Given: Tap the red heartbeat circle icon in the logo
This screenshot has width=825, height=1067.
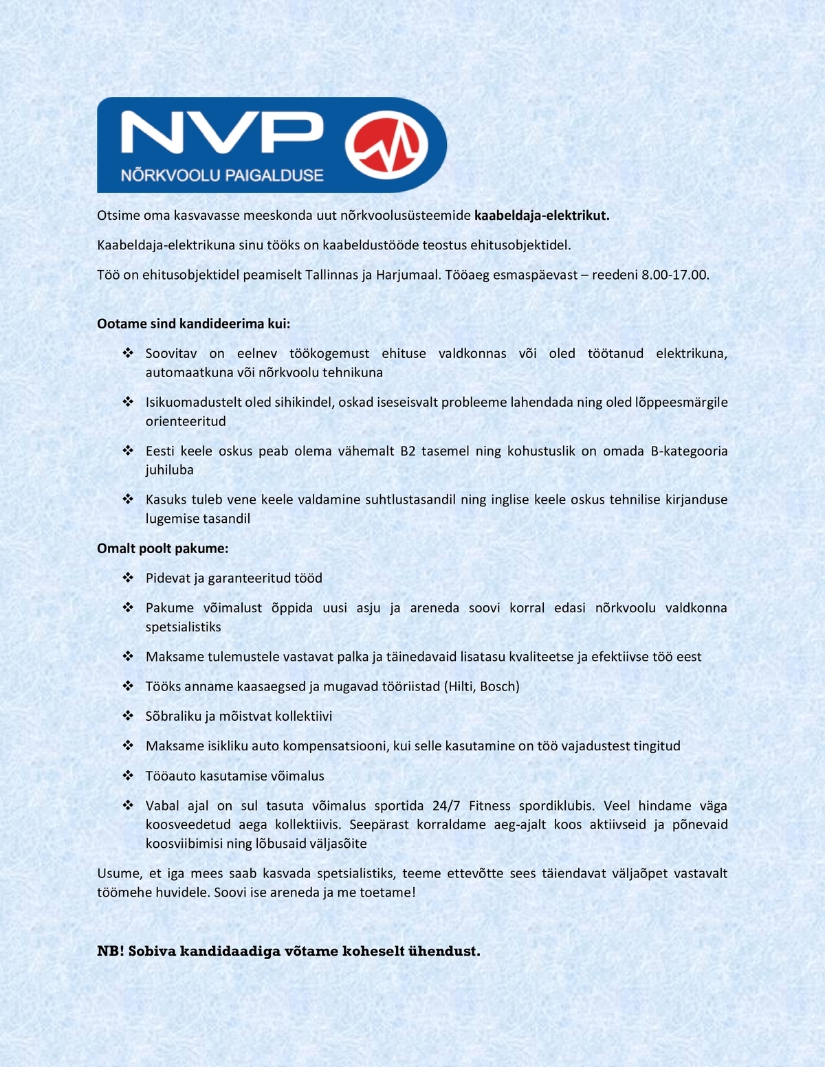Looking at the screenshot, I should [x=386, y=145].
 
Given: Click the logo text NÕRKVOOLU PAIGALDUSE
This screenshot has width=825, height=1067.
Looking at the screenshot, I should [x=222, y=175].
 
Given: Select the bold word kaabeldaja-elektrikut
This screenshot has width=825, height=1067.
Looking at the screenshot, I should [x=542, y=215].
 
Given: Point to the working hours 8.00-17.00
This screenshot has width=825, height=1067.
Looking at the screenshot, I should [x=674, y=275].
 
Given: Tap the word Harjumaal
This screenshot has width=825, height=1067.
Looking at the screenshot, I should [x=406, y=275].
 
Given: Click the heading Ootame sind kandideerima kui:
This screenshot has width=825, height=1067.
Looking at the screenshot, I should [x=193, y=324].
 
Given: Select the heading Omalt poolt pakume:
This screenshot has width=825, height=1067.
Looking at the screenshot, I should [x=162, y=548].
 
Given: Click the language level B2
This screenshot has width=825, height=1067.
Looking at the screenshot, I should [x=408, y=451].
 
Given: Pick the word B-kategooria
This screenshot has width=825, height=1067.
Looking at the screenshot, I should [x=689, y=451].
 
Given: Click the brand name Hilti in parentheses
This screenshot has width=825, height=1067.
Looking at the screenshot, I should [x=460, y=686].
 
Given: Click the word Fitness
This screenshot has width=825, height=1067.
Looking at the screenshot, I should [x=490, y=805].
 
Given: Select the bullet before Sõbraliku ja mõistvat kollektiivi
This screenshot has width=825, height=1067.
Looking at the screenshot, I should [x=128, y=716].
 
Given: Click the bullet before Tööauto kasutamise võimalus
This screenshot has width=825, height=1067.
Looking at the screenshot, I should [x=128, y=776].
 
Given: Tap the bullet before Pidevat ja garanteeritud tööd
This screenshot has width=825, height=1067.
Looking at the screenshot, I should [x=128, y=578].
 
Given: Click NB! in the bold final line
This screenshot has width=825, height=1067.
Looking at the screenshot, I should [x=110, y=951].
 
